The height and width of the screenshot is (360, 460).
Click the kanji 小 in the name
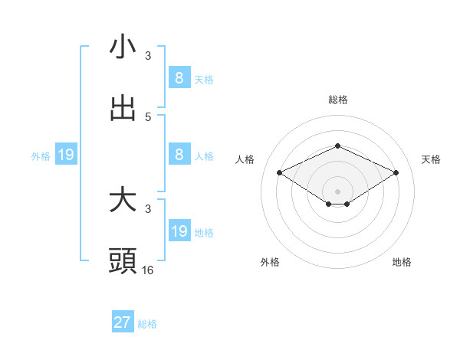click(123, 47)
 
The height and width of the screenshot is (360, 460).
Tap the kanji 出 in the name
click(123, 108)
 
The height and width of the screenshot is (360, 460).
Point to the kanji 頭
click(123, 261)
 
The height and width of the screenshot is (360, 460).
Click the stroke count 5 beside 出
click(148, 116)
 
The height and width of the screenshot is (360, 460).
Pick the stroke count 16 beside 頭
click(148, 270)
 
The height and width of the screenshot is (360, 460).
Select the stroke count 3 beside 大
click(148, 208)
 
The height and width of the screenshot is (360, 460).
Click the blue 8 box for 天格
click(179, 77)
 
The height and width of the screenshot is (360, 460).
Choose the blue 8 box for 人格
click(179, 154)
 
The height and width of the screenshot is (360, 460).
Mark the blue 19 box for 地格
click(179, 231)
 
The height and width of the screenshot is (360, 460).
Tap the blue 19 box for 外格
click(66, 155)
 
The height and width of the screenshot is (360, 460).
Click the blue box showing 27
click(123, 322)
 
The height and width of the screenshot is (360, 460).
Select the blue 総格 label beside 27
click(148, 324)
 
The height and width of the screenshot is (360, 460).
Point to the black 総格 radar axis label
click(337, 100)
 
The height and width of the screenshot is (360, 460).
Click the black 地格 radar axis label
click(402, 262)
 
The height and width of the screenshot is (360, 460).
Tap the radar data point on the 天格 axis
click(396, 173)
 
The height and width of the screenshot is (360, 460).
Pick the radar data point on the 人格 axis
click(279, 173)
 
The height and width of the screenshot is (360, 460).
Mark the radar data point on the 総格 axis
click(337, 146)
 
